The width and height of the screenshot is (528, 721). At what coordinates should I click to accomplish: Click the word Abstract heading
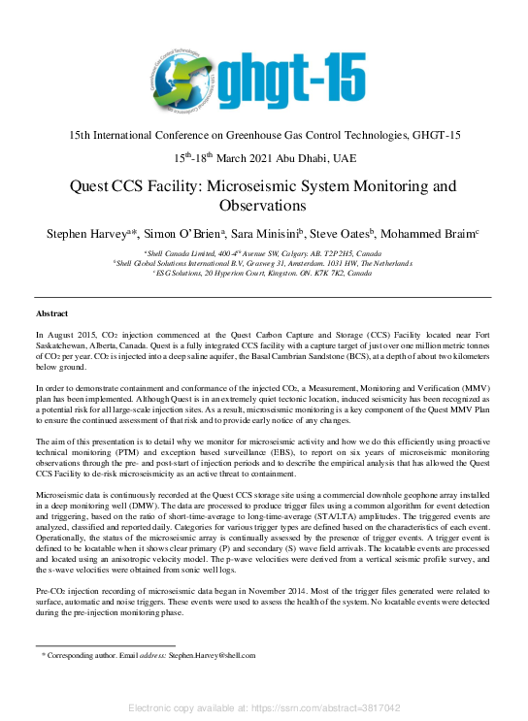(x=51, y=314)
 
